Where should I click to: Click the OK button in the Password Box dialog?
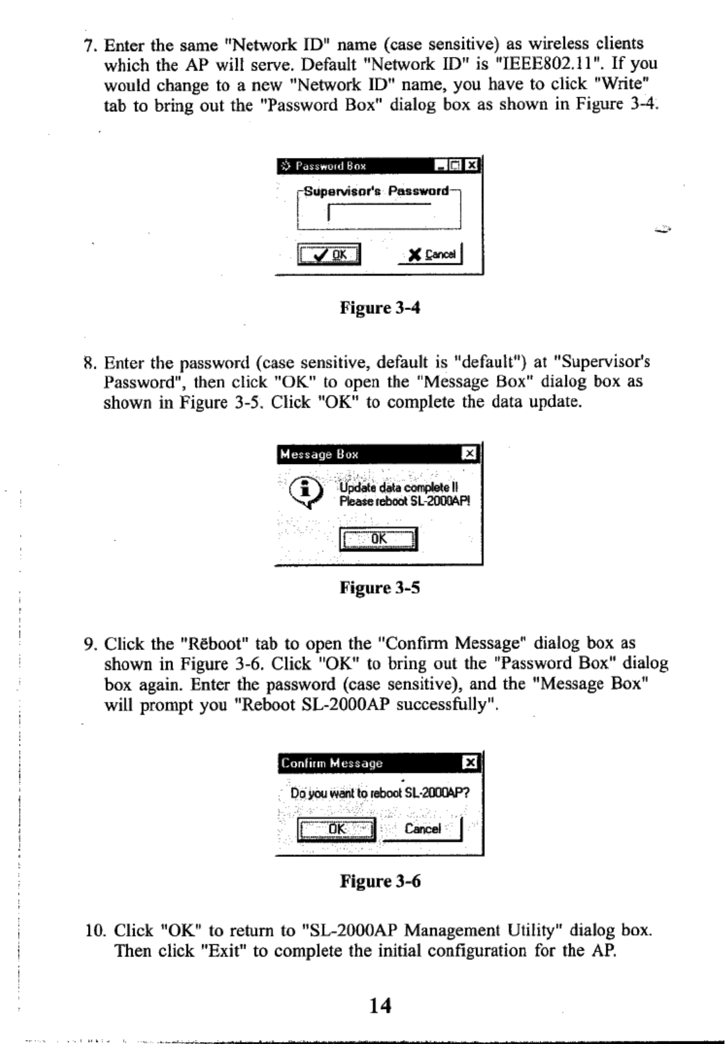[329, 254]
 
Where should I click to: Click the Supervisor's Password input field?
[379, 214]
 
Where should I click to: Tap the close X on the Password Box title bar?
[473, 166]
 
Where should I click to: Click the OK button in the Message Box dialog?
[379, 539]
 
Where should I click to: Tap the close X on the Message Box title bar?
[470, 454]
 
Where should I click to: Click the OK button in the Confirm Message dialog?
[337, 829]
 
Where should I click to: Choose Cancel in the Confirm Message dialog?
[423, 829]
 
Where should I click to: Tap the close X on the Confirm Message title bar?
[471, 763]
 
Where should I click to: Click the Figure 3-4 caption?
[380, 307]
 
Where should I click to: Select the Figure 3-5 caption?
[380, 588]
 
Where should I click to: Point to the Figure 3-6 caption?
[380, 881]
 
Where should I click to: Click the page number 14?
[380, 1005]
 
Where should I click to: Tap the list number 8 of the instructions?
[89, 362]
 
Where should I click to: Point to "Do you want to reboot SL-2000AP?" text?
[380, 793]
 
